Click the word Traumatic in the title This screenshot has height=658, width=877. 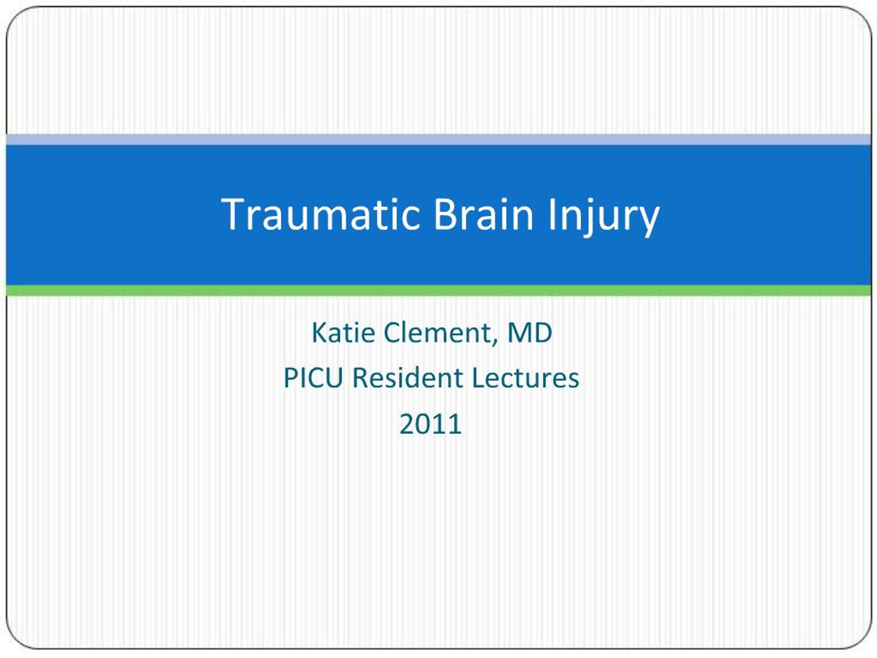pyautogui.click(x=320, y=215)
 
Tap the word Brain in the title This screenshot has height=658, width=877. pyautogui.click(x=483, y=215)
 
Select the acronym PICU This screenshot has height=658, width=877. pyautogui.click(x=313, y=378)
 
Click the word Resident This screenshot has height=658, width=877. pyautogui.click(x=408, y=378)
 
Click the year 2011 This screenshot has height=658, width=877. pyautogui.click(x=431, y=424)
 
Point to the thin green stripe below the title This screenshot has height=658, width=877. pyautogui.click(x=438, y=290)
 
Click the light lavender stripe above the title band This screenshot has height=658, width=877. pyautogui.click(x=438, y=139)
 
